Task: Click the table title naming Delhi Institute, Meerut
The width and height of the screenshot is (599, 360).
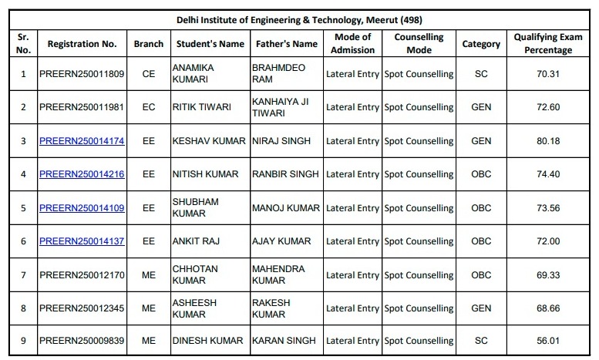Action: [x=299, y=19]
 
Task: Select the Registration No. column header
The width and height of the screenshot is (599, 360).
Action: [x=82, y=44]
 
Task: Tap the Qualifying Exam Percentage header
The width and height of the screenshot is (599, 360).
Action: [x=548, y=44]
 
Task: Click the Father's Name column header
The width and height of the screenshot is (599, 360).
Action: [x=286, y=44]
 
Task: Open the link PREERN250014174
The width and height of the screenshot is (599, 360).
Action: [x=82, y=141]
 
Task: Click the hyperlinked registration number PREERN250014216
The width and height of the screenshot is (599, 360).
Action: [x=82, y=174]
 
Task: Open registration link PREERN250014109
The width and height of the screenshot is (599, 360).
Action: [x=82, y=208]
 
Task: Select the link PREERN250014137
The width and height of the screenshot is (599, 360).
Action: [x=82, y=241]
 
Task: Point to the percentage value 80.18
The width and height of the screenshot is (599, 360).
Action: [x=548, y=141]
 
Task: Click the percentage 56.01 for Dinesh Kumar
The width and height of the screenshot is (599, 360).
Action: [x=548, y=341]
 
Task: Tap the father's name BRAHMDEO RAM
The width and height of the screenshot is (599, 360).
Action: [x=278, y=74]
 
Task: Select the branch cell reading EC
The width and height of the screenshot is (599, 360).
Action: [x=149, y=107]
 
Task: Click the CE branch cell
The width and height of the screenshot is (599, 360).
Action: [x=149, y=74]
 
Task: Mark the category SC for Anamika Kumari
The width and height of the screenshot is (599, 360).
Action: [x=481, y=74]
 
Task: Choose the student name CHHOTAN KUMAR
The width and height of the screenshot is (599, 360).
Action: [x=195, y=274]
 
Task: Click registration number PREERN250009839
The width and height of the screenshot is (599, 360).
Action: [x=82, y=341]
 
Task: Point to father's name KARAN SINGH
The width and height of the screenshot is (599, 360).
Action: [x=284, y=341]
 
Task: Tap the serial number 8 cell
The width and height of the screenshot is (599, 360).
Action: [x=23, y=308]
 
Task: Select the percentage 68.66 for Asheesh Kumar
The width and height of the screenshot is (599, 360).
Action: [x=548, y=308]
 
